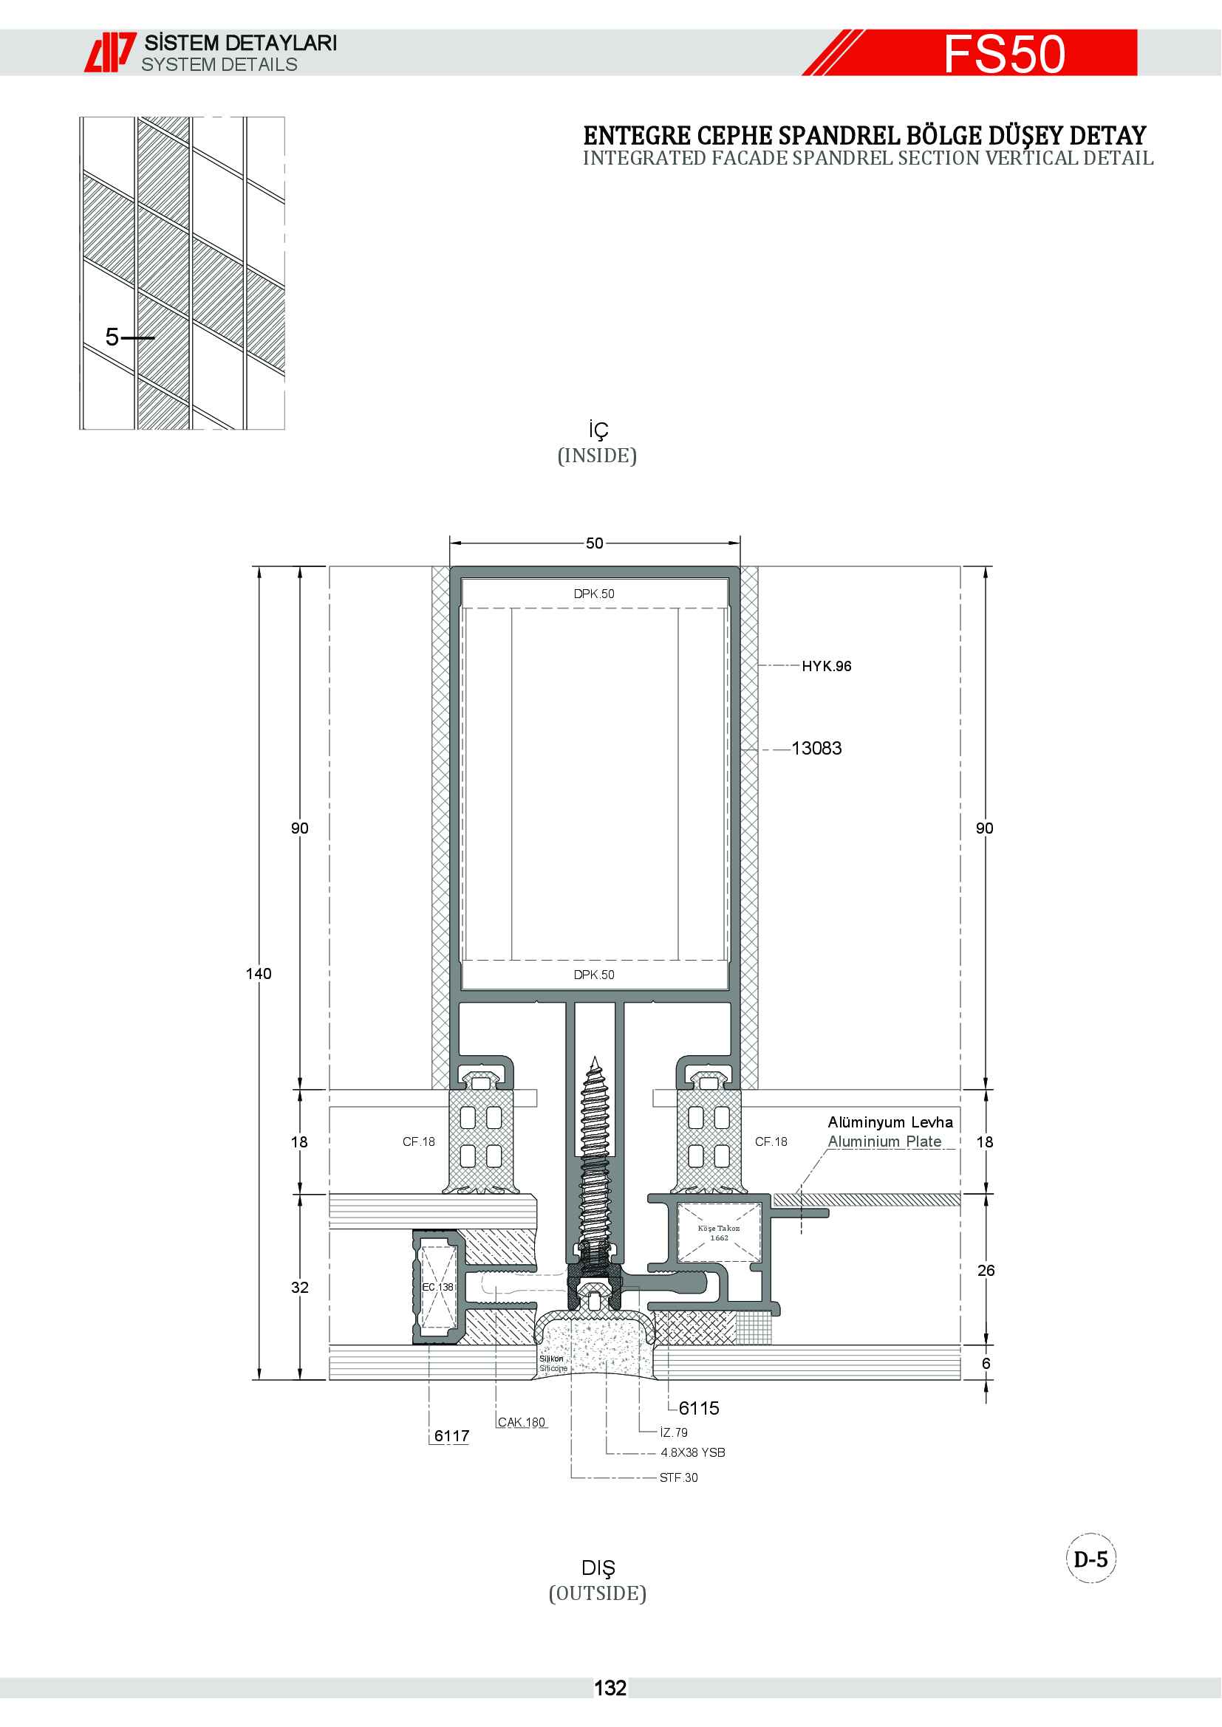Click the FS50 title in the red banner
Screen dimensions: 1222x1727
[x=1004, y=54]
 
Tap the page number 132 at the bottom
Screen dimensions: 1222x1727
[x=610, y=1689]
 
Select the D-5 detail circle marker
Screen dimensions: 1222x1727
[x=1090, y=1559]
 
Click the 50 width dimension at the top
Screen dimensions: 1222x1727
[x=595, y=543]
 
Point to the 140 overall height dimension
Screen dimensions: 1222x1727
[x=258, y=973]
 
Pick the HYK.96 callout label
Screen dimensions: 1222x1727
[x=826, y=666]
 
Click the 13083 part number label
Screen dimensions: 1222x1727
[x=816, y=749]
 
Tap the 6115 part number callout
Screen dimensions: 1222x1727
[x=698, y=1408]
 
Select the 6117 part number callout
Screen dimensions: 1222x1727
[x=451, y=1436]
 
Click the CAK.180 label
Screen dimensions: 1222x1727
[x=522, y=1422]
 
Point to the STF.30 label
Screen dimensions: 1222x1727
[x=678, y=1477]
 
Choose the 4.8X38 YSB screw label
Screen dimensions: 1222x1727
[x=692, y=1452]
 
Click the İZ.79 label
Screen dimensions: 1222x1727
[x=674, y=1432]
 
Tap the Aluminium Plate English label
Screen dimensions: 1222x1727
[x=884, y=1141]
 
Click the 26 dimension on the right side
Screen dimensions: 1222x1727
[x=986, y=1271]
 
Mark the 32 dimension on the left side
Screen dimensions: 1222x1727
[x=299, y=1287]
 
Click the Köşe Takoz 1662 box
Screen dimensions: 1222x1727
[x=720, y=1232]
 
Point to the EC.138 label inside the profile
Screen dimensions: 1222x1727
[x=437, y=1287]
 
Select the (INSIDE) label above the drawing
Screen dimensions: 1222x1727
[x=597, y=456]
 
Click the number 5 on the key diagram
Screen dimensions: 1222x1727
[x=112, y=337]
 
